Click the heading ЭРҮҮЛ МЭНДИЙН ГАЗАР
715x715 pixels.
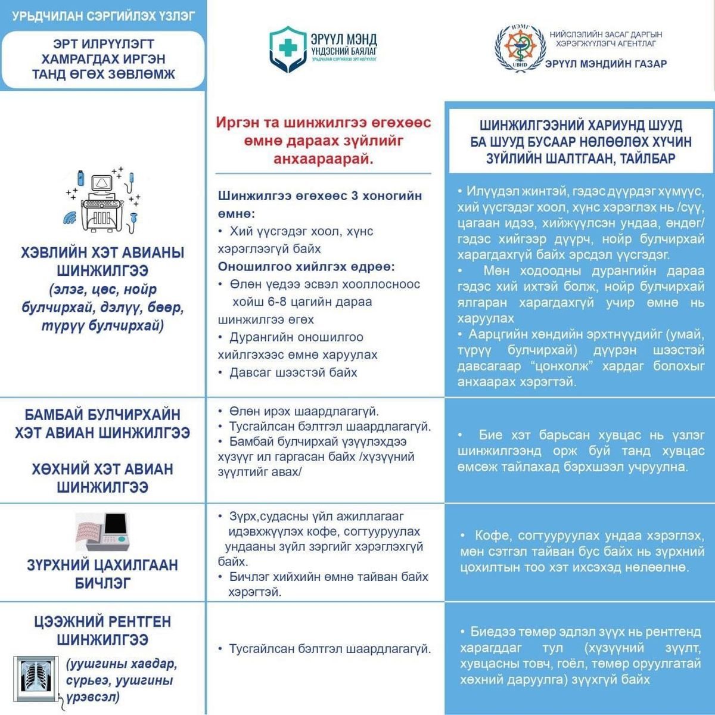pos(606,64)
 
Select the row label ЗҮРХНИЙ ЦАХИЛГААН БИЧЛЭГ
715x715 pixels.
pos(102,573)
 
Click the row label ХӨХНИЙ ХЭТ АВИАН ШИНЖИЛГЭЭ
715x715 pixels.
pos(102,478)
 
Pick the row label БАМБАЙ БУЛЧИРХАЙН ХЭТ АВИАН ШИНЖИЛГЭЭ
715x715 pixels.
pos(102,424)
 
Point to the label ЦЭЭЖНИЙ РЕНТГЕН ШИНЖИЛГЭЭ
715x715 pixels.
pos(102,630)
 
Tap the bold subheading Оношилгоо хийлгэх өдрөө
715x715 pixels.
pos(306,266)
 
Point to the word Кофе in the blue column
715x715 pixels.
pos(491,535)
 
